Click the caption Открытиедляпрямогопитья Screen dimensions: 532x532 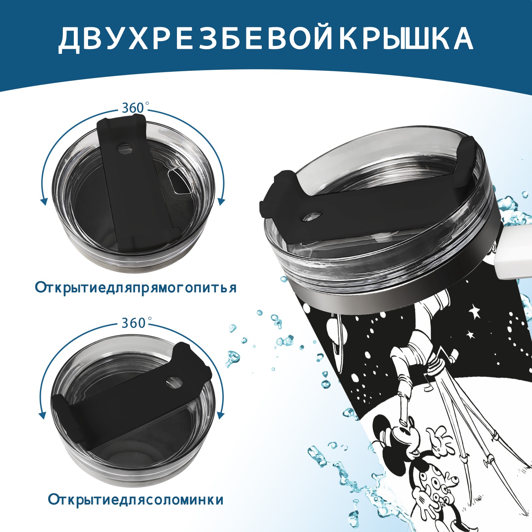tap(136, 287)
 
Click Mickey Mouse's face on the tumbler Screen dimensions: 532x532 tap(402, 432)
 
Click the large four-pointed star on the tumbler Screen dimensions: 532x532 tap(474, 311)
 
